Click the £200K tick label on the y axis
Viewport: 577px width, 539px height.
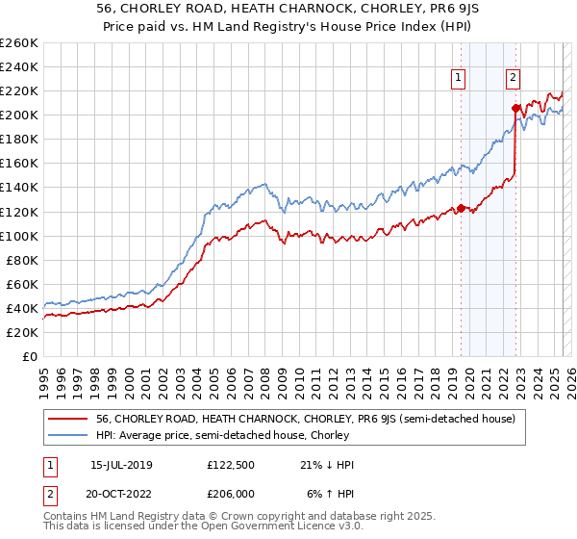coord(18,115)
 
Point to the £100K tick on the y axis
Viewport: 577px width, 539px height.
coord(18,236)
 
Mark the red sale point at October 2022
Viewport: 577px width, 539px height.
coord(516,108)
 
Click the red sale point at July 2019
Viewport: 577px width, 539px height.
coord(461,208)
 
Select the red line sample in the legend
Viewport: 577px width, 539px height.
coord(69,419)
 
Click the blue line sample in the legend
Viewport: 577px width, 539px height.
coord(69,436)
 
